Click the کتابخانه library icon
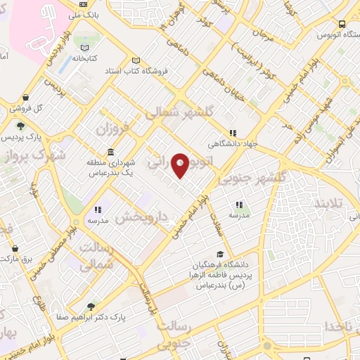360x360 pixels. click(x=86, y=46)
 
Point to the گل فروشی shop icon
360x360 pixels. click(x=26, y=97)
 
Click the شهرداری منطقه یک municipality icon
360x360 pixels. click(x=110, y=153)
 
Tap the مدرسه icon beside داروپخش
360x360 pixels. click(x=98, y=209)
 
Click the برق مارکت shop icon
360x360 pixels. click(x=15, y=248)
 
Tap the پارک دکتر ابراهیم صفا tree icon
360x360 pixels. click(x=91, y=306)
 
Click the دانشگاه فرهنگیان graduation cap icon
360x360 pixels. click(x=221, y=254)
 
